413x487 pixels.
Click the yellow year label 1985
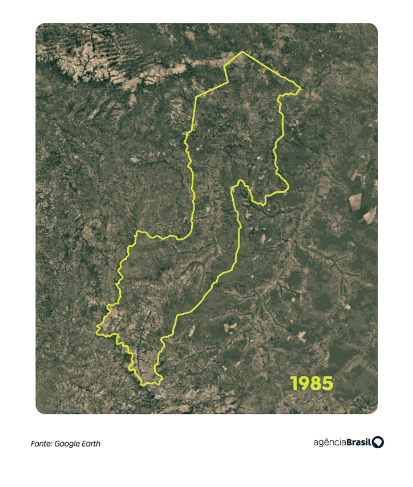tap(311, 383)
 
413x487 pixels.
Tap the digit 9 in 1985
tap(304, 383)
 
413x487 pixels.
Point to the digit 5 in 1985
tap(326, 383)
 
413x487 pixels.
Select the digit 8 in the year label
tap(315, 383)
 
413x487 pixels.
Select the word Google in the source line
tap(68, 444)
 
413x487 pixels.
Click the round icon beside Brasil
tap(378, 443)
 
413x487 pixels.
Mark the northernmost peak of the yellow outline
tap(242, 52)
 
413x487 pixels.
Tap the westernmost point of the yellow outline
tap(96, 329)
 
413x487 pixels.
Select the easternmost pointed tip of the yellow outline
tap(300, 88)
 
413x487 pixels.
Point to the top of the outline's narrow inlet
tap(241, 182)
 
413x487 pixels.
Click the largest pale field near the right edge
tap(355, 200)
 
